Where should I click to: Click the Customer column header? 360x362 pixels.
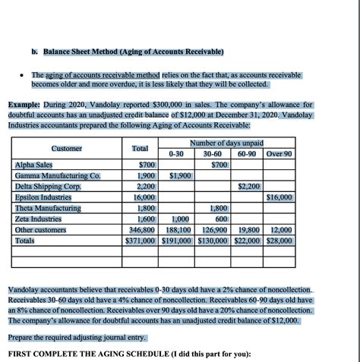click(67, 148)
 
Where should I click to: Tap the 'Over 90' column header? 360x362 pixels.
click(279, 154)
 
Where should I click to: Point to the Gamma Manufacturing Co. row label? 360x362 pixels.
click(58, 175)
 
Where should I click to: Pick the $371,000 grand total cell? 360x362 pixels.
click(141, 240)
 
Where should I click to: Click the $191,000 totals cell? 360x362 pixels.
click(178, 240)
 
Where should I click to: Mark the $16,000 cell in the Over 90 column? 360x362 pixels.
click(279, 197)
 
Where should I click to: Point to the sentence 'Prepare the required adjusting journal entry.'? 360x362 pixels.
click(77, 337)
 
